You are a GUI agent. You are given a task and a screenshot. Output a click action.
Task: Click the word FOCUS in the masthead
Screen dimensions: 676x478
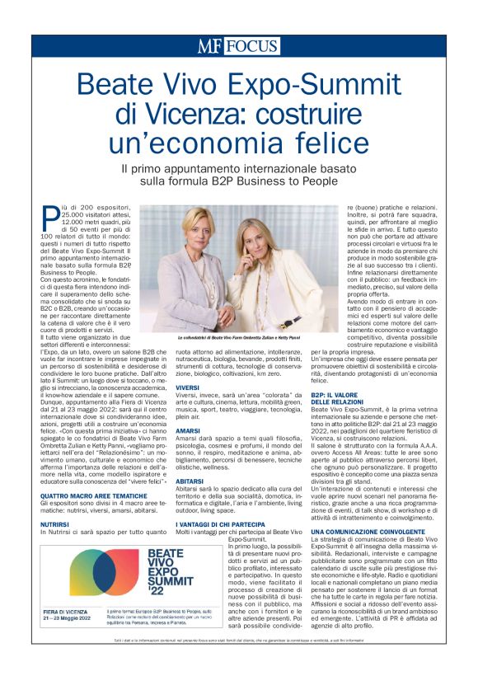click(251, 46)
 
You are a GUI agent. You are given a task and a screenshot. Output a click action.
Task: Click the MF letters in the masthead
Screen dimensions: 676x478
click(209, 46)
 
